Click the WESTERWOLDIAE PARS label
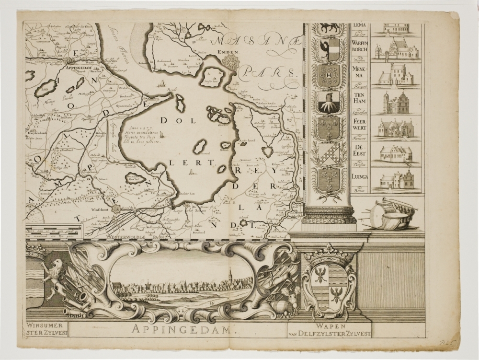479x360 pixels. tap(138, 236)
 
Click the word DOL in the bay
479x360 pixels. tap(171, 121)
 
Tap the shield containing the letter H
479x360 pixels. tap(329, 75)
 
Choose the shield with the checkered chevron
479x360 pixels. tap(329, 153)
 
